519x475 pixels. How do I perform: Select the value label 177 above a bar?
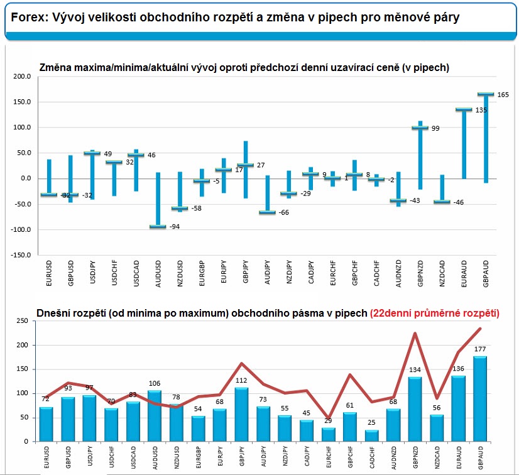(x=480, y=349)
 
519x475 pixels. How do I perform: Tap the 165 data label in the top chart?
(x=503, y=94)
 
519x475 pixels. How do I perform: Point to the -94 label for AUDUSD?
(x=175, y=227)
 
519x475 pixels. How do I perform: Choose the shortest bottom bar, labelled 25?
(x=373, y=435)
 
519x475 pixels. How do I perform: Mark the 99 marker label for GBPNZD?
(x=435, y=128)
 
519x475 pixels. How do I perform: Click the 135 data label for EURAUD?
(x=481, y=110)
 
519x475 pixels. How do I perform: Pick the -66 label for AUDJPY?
(x=284, y=213)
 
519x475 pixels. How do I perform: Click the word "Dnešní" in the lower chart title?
(x=53, y=312)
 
